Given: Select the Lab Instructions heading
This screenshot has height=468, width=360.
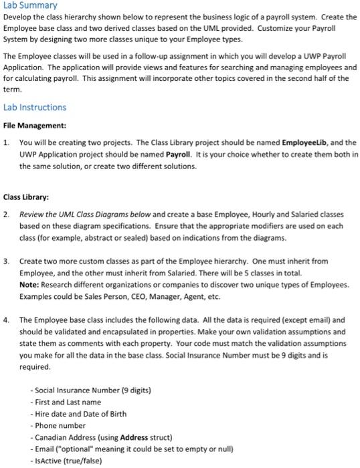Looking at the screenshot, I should tap(35, 107).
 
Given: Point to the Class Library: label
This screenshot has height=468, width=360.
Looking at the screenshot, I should tap(27, 197).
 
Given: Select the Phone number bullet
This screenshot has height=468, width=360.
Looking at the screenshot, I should tap(59, 426).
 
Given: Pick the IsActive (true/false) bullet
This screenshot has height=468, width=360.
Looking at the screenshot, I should tap(70, 462).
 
